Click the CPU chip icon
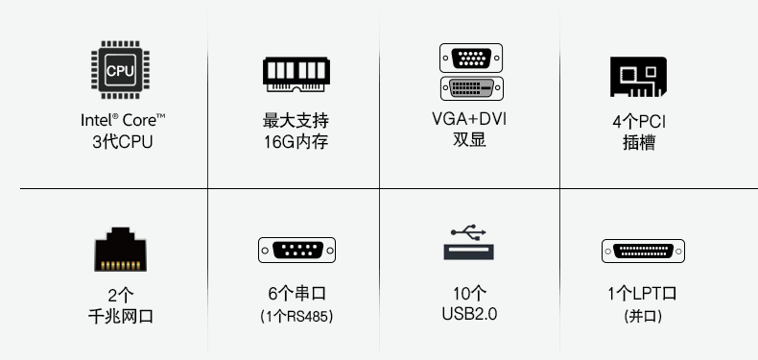pos(121,70)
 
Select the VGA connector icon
pos(471,59)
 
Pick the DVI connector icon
pos(471,89)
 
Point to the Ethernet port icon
pos(120,250)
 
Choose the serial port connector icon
pos(297,251)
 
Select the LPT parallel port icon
pos(643,252)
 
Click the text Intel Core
pos(123,122)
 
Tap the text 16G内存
pos(296,143)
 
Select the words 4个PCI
pos(639,123)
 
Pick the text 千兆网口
pos(121,315)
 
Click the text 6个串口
pos(296,294)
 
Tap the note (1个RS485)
pos(296,316)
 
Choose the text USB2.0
pos(469,314)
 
